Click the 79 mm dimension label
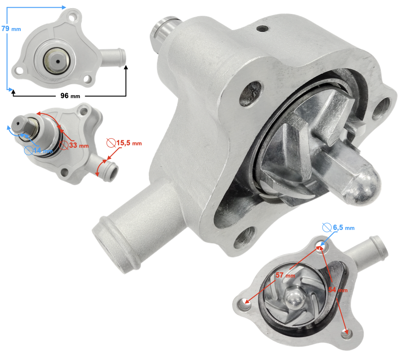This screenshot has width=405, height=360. coord(11,28)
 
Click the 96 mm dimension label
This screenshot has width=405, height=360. coord(70,96)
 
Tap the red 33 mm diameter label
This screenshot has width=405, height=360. coord(79,145)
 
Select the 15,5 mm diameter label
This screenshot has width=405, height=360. coord(129,143)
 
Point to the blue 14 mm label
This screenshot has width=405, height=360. coord(43,150)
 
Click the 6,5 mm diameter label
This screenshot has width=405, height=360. coord(343,228)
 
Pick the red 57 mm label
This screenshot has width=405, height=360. coord(285,275)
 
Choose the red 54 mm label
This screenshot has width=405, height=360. coord(338,290)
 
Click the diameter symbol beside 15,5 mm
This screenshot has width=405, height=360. coord(111,143)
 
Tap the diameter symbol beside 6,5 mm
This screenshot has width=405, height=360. coord(327,228)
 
